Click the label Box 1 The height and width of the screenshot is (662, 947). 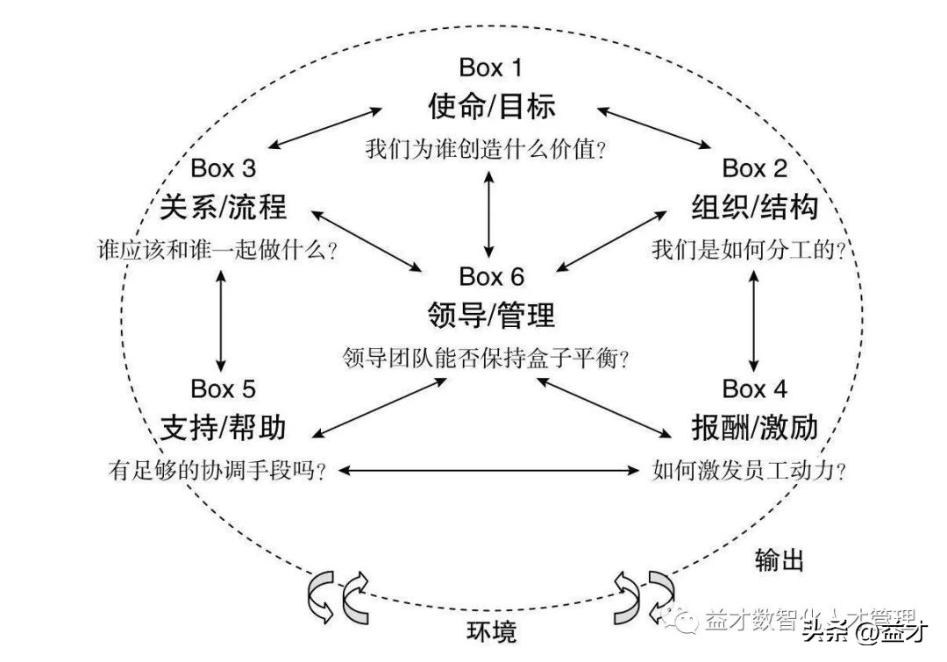tap(491, 68)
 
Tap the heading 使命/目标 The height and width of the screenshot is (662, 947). tap(491, 106)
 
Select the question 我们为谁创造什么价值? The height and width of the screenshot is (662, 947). tap(487, 149)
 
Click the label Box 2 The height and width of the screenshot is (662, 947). tap(755, 167)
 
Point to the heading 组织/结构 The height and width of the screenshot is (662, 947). tap(754, 207)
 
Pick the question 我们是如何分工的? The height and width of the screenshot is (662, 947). tap(748, 250)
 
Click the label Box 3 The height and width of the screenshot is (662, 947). tap(224, 167)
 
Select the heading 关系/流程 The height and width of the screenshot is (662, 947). tap(224, 207)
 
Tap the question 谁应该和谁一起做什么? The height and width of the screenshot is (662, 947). tap(218, 250)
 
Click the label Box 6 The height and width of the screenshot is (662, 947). tap(491, 276)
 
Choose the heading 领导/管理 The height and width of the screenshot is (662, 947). tap(491, 315)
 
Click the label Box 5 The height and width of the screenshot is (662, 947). tap(224, 388)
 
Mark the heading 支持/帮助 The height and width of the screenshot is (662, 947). tap(224, 427)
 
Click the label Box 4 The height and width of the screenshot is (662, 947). tap(755, 388)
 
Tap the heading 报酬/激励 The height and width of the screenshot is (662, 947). tap(754, 427)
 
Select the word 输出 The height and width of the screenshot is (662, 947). tap(779, 560)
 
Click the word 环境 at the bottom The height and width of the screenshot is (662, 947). tap(491, 630)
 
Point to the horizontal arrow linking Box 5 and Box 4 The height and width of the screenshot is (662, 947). tap(489, 471)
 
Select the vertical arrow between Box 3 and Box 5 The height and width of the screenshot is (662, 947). tap(220, 319)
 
